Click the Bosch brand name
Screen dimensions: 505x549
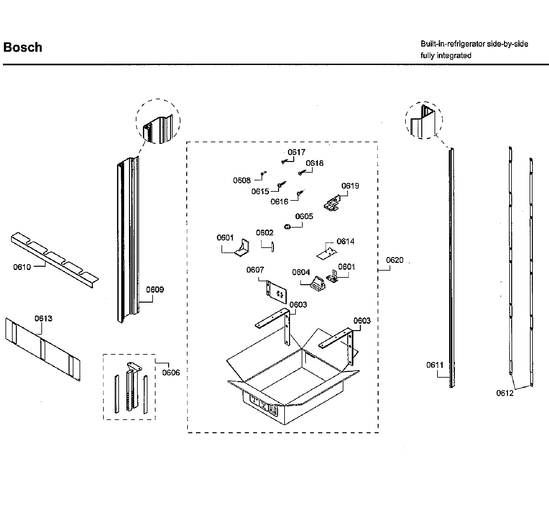(23, 47)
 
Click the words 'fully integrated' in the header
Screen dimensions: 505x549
(446, 56)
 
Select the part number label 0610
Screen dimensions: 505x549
(22, 267)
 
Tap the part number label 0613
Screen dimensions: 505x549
(43, 319)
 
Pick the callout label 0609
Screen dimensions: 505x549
(155, 290)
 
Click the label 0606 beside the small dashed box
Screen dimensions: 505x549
(171, 372)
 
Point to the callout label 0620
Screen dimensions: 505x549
(395, 260)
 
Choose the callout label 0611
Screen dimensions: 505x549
(435, 365)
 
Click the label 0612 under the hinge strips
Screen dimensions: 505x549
(505, 393)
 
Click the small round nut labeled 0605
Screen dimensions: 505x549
(286, 227)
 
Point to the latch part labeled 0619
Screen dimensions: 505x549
(332, 204)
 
